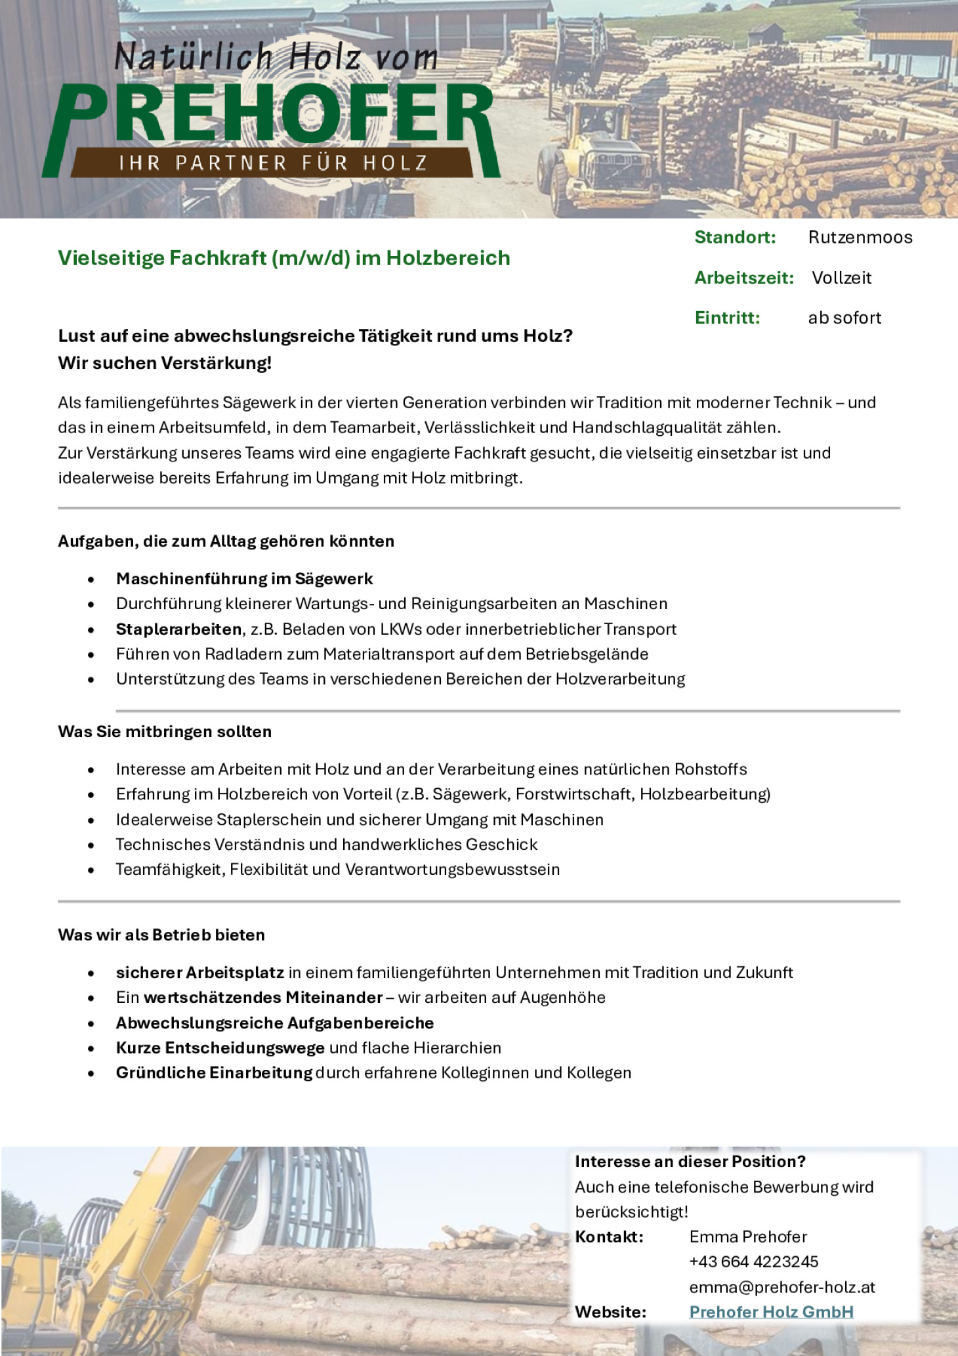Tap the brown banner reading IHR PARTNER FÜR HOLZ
(272, 162)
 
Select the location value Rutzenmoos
(860, 237)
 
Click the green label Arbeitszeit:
(744, 278)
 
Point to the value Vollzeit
(841, 278)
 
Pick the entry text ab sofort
(844, 318)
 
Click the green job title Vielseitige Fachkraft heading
(283, 258)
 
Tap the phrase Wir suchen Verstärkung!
(165, 363)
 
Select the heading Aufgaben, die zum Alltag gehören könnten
(226, 541)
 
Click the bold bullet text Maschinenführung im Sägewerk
(244, 579)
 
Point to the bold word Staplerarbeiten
(178, 629)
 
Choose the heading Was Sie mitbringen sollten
(165, 732)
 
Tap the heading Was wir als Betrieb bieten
(161, 935)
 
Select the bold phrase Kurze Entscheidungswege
(220, 1048)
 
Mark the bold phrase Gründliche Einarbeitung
(214, 1073)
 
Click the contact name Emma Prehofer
(748, 1237)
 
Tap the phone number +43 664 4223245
(753, 1262)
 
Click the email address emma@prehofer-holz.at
(782, 1288)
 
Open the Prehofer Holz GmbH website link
(772, 1313)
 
